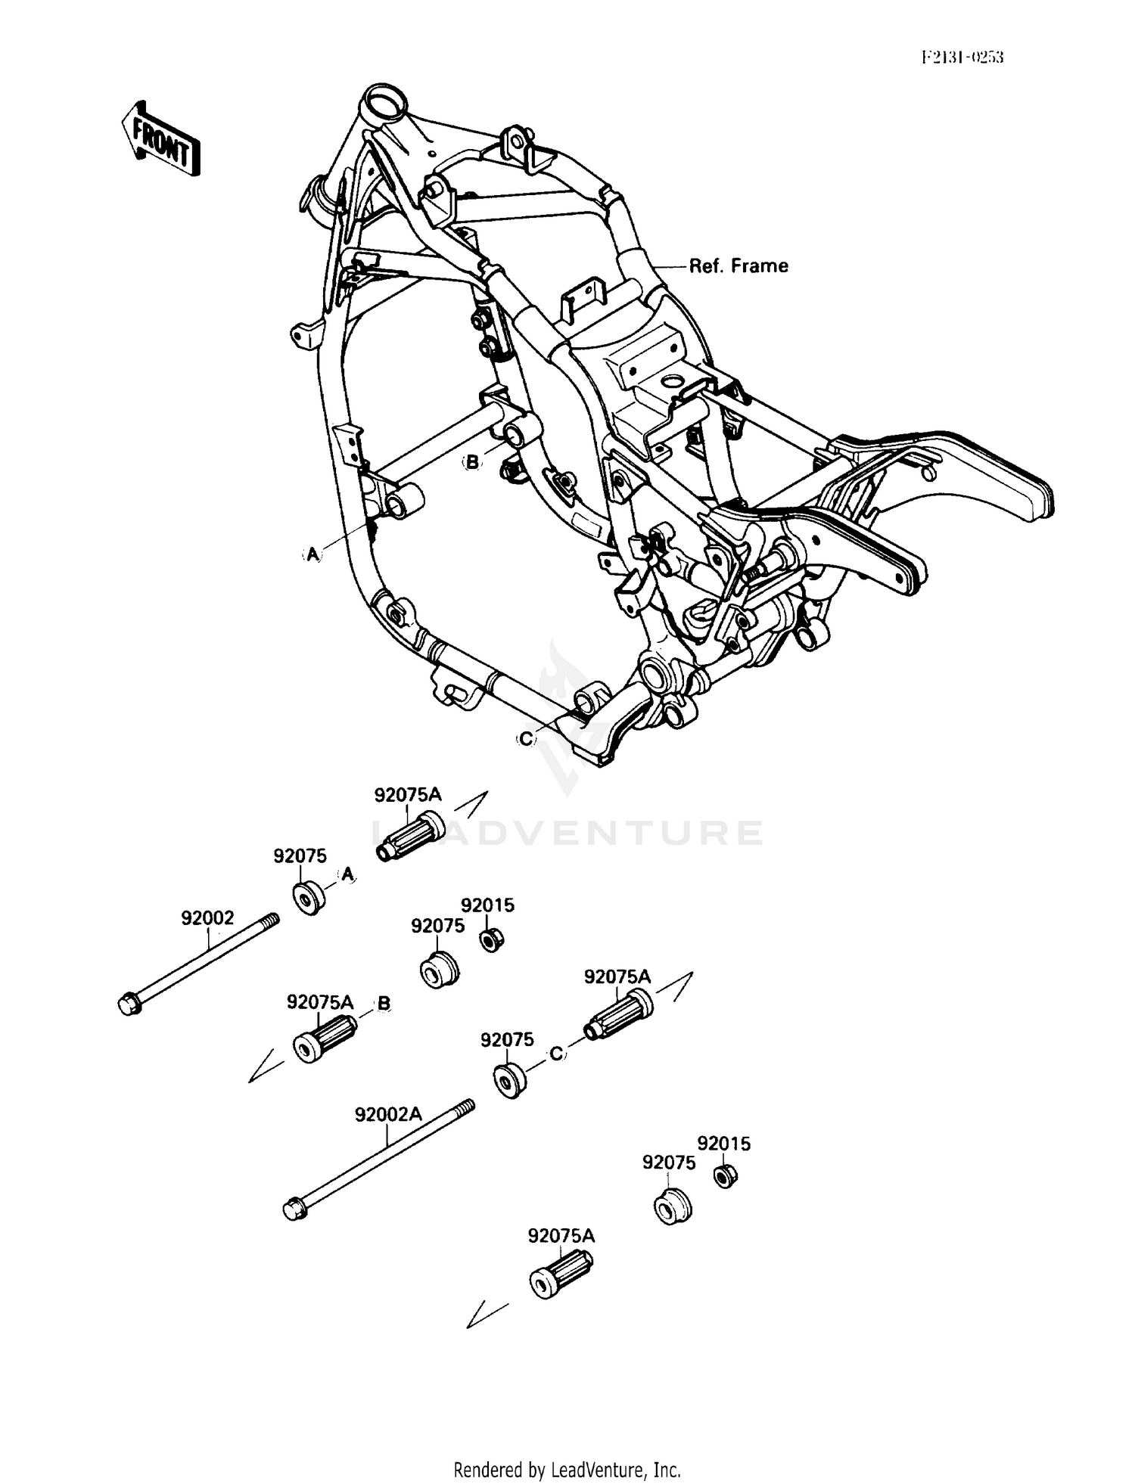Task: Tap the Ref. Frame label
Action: coord(738,266)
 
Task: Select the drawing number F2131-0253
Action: coord(962,57)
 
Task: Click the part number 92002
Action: coord(207,918)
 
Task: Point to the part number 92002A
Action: coord(388,1115)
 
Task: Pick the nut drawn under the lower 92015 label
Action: coord(726,1176)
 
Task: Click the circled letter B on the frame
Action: coord(472,462)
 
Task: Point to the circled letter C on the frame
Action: coord(527,738)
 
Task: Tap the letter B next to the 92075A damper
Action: coord(384,1003)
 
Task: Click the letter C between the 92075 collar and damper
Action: coord(557,1053)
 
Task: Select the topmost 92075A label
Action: coord(408,795)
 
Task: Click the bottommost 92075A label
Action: coord(561,1236)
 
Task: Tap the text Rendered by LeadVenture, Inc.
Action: coord(567,1470)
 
